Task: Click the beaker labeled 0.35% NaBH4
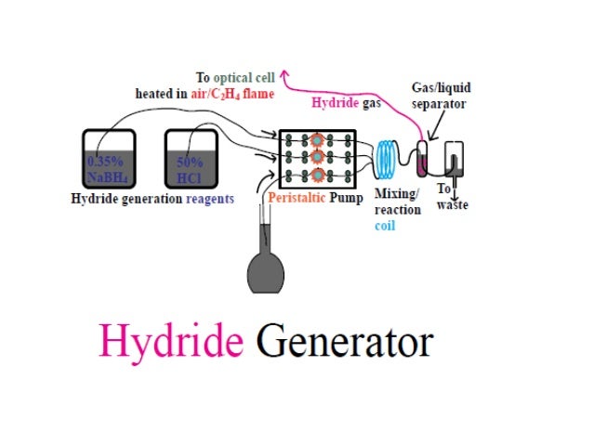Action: pos(109,160)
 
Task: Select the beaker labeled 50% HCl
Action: pos(191,160)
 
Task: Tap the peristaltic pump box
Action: pos(317,159)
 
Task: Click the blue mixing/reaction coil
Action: pos(389,159)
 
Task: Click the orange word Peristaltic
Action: pos(296,199)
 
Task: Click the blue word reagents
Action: pos(208,199)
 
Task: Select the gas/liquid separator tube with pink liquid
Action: pos(424,159)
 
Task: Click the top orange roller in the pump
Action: pos(317,140)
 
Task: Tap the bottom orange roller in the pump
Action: pos(317,176)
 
